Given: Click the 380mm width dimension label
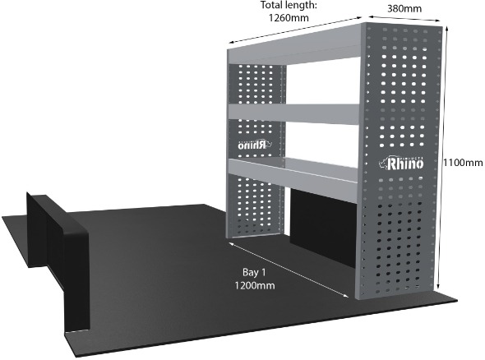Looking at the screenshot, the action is [404, 8].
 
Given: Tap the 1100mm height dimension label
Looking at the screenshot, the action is [463, 163].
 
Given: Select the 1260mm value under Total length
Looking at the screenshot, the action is [289, 17].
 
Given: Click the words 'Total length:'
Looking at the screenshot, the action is [289, 5].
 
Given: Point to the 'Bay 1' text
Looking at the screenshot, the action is [254, 272].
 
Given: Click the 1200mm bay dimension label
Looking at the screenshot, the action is [255, 285].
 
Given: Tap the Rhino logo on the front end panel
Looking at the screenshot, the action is [401, 163].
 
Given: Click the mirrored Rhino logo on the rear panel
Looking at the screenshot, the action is [255, 145].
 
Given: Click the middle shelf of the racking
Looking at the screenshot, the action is [293, 114].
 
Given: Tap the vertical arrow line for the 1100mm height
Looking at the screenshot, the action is [442, 158].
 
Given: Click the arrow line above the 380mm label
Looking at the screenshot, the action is [404, 18].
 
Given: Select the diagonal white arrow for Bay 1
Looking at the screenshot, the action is [289, 270].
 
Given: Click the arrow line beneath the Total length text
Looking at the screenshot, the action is [295, 30].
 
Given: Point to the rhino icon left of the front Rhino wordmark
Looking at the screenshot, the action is [384, 164].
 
